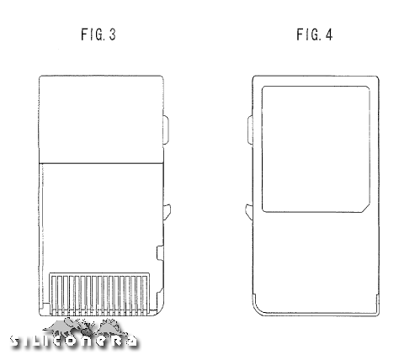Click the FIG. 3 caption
pyautogui.click(x=98, y=34)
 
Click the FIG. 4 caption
pyautogui.click(x=315, y=34)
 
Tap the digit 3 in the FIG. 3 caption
pyautogui.click(x=112, y=34)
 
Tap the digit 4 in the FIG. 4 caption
pyautogui.click(x=329, y=34)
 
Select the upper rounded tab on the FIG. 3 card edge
pyautogui.click(x=166, y=130)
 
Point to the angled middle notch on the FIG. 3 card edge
pyautogui.click(x=167, y=212)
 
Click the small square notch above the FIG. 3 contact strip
pyautogui.click(x=160, y=252)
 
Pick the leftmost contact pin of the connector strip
pyautogui.click(x=54, y=294)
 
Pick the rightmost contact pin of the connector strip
pyautogui.click(x=145, y=294)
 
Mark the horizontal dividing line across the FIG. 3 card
pyautogui.click(x=101, y=162)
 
